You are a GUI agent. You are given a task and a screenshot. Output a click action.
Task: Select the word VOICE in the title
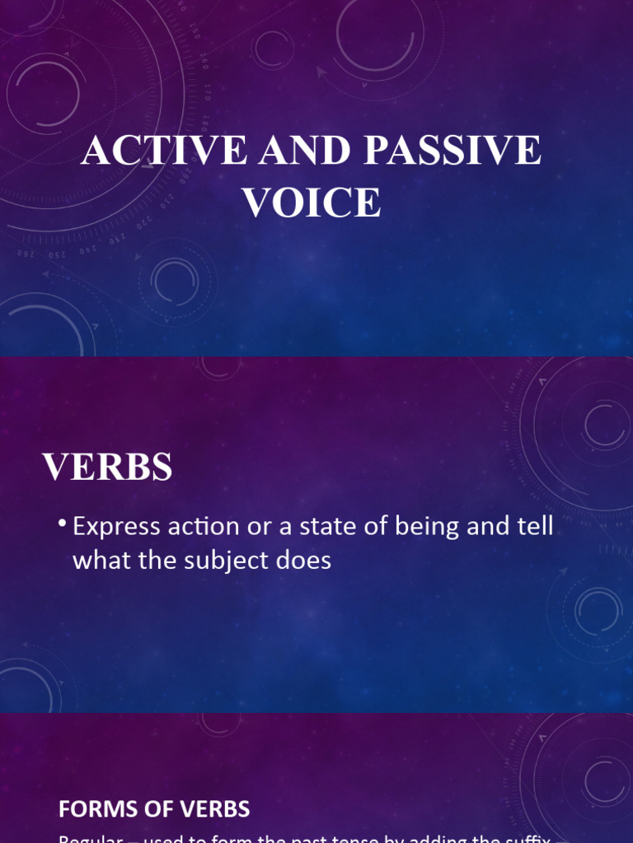coord(312,203)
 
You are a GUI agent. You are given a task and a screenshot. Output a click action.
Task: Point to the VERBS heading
coord(108,468)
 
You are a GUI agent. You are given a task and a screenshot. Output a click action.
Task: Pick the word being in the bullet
coord(428,528)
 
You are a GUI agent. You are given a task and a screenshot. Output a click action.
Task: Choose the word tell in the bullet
coord(534,528)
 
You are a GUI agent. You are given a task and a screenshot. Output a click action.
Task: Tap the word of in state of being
coord(378,528)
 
